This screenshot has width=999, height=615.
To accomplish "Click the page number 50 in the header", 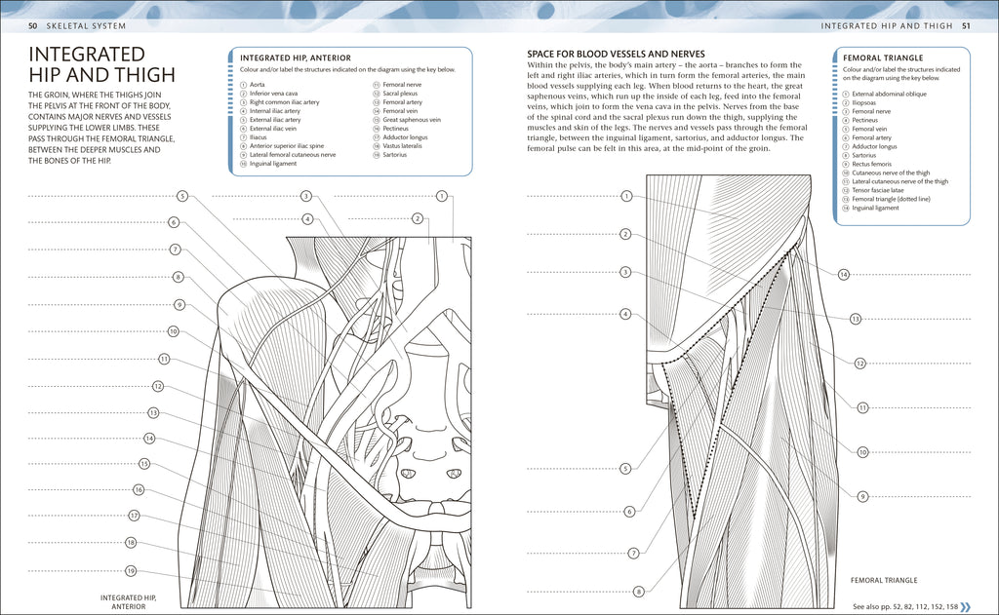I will [x=32, y=24].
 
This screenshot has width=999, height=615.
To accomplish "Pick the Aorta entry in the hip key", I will [x=258, y=85].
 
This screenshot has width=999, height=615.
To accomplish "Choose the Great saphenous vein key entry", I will [x=412, y=120].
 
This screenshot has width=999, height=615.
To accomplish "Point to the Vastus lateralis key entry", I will [x=402, y=145].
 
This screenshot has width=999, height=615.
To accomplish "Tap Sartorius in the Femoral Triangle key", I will [x=864, y=155].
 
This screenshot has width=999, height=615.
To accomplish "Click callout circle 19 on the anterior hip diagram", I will [x=130, y=571].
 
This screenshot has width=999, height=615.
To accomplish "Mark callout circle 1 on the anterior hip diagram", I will [x=442, y=196].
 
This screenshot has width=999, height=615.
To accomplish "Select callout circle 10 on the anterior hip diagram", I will [x=173, y=331].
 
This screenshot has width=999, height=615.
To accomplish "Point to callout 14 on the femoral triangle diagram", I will [x=844, y=274].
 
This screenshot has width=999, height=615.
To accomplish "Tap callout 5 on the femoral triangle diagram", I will [x=625, y=469].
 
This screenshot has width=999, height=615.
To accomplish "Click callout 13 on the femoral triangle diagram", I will [x=856, y=319].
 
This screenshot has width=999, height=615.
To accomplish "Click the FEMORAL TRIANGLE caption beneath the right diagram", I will [x=884, y=580].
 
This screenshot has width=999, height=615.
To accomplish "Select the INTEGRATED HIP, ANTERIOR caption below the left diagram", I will [x=129, y=601].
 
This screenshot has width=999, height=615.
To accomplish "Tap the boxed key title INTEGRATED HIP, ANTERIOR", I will [x=296, y=58].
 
